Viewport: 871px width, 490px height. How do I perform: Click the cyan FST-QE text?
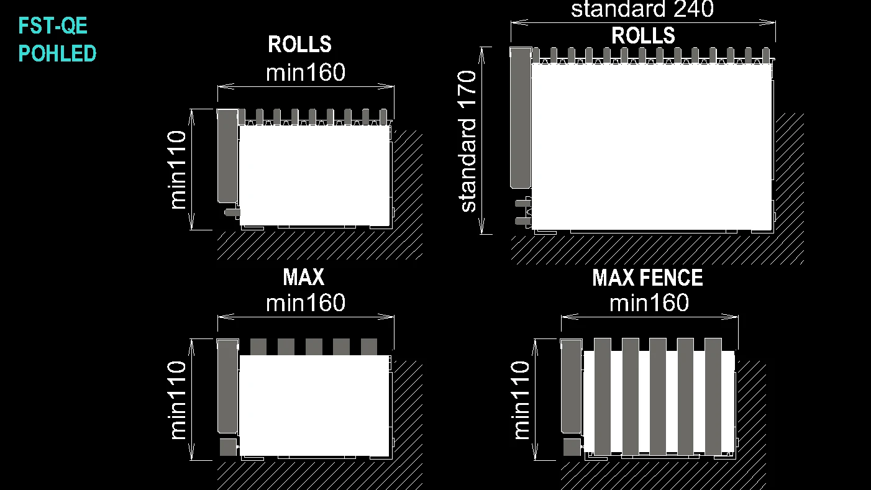[x=53, y=25]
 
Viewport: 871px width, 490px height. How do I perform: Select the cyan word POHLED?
[x=57, y=53]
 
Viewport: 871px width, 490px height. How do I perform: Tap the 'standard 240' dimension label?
[x=642, y=9]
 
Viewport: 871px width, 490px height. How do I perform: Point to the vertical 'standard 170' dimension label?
[x=467, y=142]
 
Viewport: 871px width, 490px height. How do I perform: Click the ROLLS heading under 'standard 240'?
[x=643, y=36]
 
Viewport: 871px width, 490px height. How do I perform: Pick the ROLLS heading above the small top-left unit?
[x=300, y=44]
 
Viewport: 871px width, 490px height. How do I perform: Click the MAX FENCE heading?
[x=647, y=278]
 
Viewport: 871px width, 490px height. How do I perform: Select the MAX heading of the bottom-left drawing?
[x=304, y=277]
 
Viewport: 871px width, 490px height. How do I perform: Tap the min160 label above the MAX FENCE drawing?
[x=649, y=302]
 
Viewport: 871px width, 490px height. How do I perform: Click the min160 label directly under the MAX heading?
[x=306, y=302]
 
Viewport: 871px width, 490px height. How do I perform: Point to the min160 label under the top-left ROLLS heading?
[x=306, y=72]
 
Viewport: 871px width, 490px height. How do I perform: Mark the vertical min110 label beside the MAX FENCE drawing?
[x=520, y=400]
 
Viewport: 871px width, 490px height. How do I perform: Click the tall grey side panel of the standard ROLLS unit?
[x=521, y=118]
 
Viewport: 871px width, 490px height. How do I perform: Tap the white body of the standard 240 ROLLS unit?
[x=652, y=147]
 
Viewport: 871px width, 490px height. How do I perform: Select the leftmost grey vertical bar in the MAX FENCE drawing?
[x=603, y=396]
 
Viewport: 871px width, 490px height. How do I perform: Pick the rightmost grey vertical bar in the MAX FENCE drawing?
[x=713, y=396]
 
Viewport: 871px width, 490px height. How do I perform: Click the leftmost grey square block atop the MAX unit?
[x=258, y=347]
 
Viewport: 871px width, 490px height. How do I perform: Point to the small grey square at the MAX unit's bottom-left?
[x=228, y=447]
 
